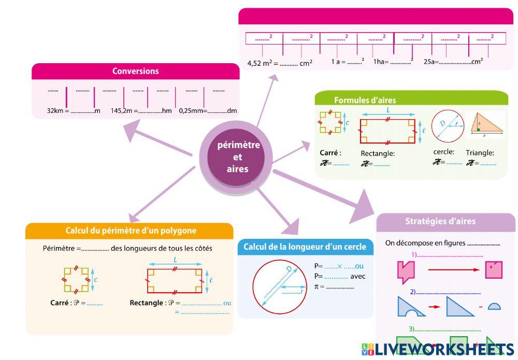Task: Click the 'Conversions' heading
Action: pyautogui.click(x=136, y=71)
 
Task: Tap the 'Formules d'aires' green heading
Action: pyautogui.click(x=365, y=100)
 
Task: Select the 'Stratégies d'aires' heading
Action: pyautogui.click(x=440, y=221)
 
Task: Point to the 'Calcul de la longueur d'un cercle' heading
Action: pyautogui.click(x=305, y=247)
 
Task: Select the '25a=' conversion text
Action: pyautogui.click(x=431, y=62)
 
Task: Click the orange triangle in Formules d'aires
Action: pyautogui.click(x=486, y=124)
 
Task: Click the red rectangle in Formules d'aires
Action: pyautogui.click(x=387, y=131)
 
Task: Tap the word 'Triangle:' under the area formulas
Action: pyautogui.click(x=480, y=153)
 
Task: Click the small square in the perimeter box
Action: pyautogui.click(x=76, y=280)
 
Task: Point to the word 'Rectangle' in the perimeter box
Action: pyautogui.click(x=146, y=303)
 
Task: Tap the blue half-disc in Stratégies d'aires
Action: pyautogui.click(x=494, y=306)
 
